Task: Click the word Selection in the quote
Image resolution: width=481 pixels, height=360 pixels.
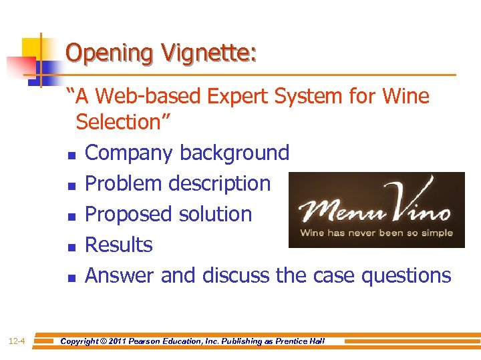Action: [x=123, y=122]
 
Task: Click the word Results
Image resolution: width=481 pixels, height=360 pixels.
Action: [x=119, y=245]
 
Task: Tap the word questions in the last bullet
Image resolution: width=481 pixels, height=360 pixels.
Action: [x=406, y=275]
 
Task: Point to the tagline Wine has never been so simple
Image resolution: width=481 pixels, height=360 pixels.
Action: [x=376, y=233]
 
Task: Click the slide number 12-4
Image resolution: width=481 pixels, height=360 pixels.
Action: [x=17, y=342]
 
